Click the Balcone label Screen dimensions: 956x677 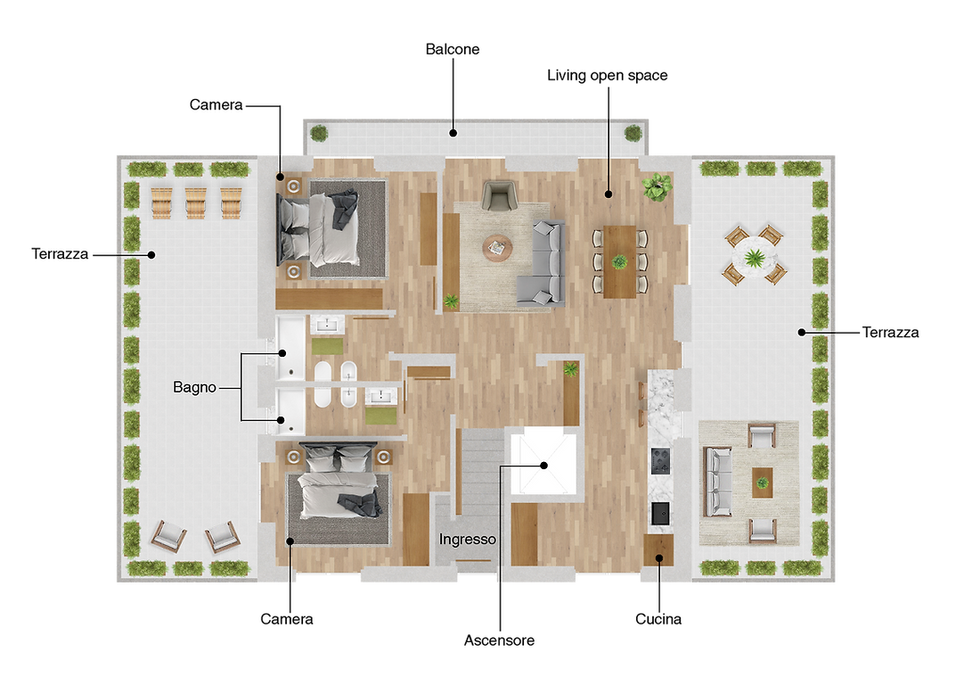(453, 49)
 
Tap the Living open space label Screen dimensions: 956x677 (608, 76)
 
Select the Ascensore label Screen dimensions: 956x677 (499, 640)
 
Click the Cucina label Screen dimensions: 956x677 (658, 619)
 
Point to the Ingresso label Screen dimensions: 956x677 (468, 540)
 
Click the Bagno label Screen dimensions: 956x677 (194, 387)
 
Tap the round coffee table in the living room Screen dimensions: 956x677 (497, 249)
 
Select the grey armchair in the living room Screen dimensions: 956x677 (499, 195)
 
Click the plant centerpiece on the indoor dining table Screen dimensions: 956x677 (619, 262)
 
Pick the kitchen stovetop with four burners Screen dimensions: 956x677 (660, 461)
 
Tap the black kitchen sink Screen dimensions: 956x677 (660, 514)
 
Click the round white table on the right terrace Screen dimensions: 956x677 (755, 255)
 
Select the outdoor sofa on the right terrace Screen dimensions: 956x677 (717, 482)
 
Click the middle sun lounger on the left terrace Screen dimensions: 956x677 (196, 202)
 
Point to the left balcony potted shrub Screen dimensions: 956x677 (319, 133)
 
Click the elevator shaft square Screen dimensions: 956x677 (543, 461)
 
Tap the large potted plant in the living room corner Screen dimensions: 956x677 (657, 186)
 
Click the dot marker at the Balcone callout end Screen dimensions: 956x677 (453, 133)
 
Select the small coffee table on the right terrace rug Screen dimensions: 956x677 (762, 483)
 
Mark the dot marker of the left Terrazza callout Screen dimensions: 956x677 (151, 255)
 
